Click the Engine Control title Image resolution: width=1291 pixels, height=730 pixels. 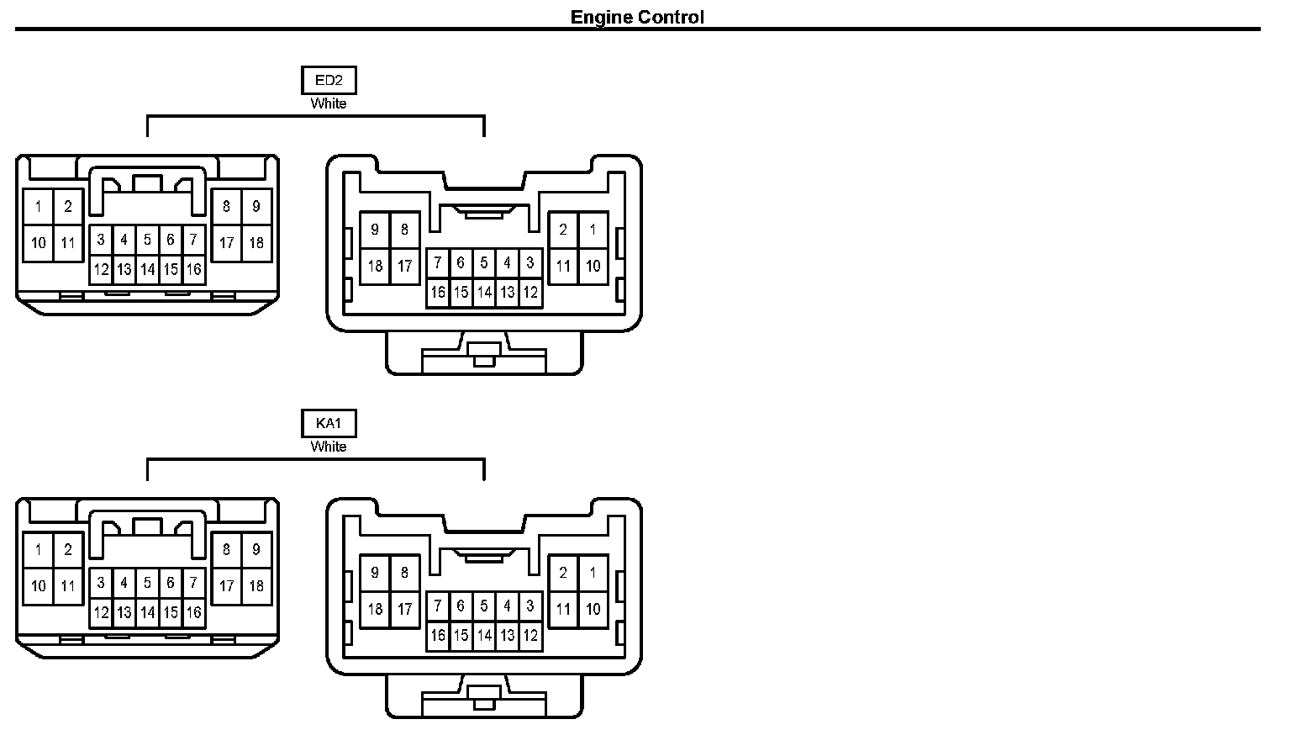(637, 17)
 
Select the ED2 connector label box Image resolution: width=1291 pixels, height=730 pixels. (328, 81)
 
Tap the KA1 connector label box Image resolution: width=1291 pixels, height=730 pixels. (328, 424)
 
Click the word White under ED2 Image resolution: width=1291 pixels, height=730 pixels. (328, 103)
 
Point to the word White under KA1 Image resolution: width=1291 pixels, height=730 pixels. (328, 447)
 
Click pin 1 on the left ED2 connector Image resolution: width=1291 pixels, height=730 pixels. (39, 206)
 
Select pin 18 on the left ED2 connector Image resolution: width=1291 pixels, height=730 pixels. (256, 243)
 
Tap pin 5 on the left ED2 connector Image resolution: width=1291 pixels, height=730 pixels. (147, 240)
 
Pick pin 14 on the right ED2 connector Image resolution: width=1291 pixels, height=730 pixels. (484, 293)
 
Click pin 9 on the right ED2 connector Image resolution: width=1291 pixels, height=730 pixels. (375, 229)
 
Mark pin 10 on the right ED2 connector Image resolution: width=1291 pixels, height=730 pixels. (593, 266)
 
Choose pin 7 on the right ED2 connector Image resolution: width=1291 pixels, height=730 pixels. (438, 262)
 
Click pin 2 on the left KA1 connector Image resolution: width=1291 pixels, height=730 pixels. (68, 550)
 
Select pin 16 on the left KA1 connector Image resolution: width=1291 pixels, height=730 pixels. (193, 612)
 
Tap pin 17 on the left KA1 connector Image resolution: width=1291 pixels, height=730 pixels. (226, 586)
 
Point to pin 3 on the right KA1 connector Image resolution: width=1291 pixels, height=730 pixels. (530, 606)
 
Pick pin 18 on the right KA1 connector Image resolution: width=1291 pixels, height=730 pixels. (375, 609)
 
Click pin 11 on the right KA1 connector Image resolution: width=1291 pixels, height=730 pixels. (563, 609)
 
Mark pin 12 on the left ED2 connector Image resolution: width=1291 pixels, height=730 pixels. (101, 269)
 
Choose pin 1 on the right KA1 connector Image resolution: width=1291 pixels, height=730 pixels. (593, 572)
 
